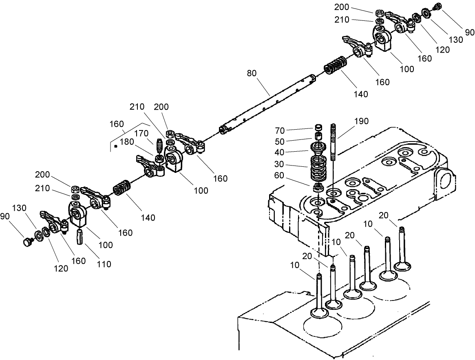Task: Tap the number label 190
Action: pyautogui.click(x=361, y=121)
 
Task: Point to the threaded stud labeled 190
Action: pyautogui.click(x=334, y=143)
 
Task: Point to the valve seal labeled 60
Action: pyautogui.click(x=318, y=188)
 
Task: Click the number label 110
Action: pyautogui.click(x=104, y=264)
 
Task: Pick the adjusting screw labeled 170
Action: pyautogui.click(x=159, y=145)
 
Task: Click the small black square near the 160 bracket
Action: pyautogui.click(x=116, y=145)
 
